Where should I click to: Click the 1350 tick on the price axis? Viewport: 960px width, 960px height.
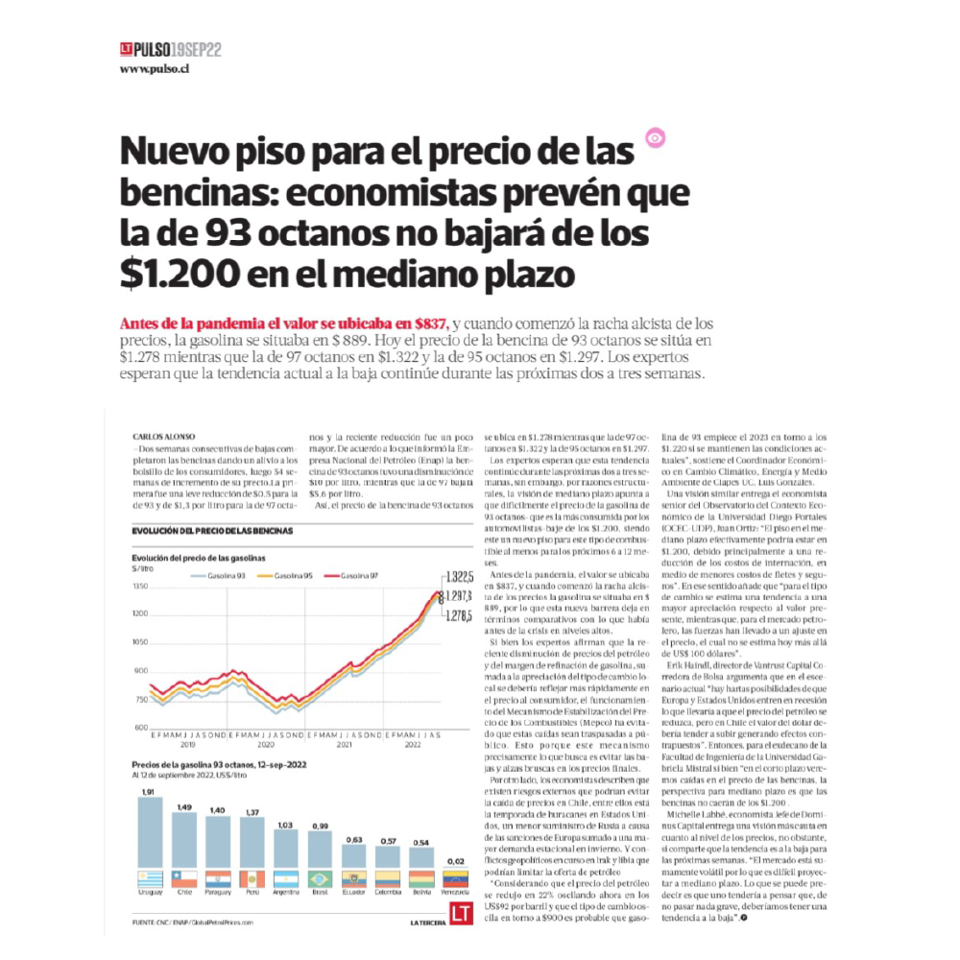(141, 586)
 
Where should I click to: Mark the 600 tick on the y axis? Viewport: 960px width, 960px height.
(141, 727)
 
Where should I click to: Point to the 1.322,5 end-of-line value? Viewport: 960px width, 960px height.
(459, 577)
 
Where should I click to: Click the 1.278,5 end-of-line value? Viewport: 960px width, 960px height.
(459, 615)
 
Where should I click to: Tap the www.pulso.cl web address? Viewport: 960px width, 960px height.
(154, 69)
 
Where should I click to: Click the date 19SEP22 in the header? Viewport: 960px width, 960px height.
(197, 49)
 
